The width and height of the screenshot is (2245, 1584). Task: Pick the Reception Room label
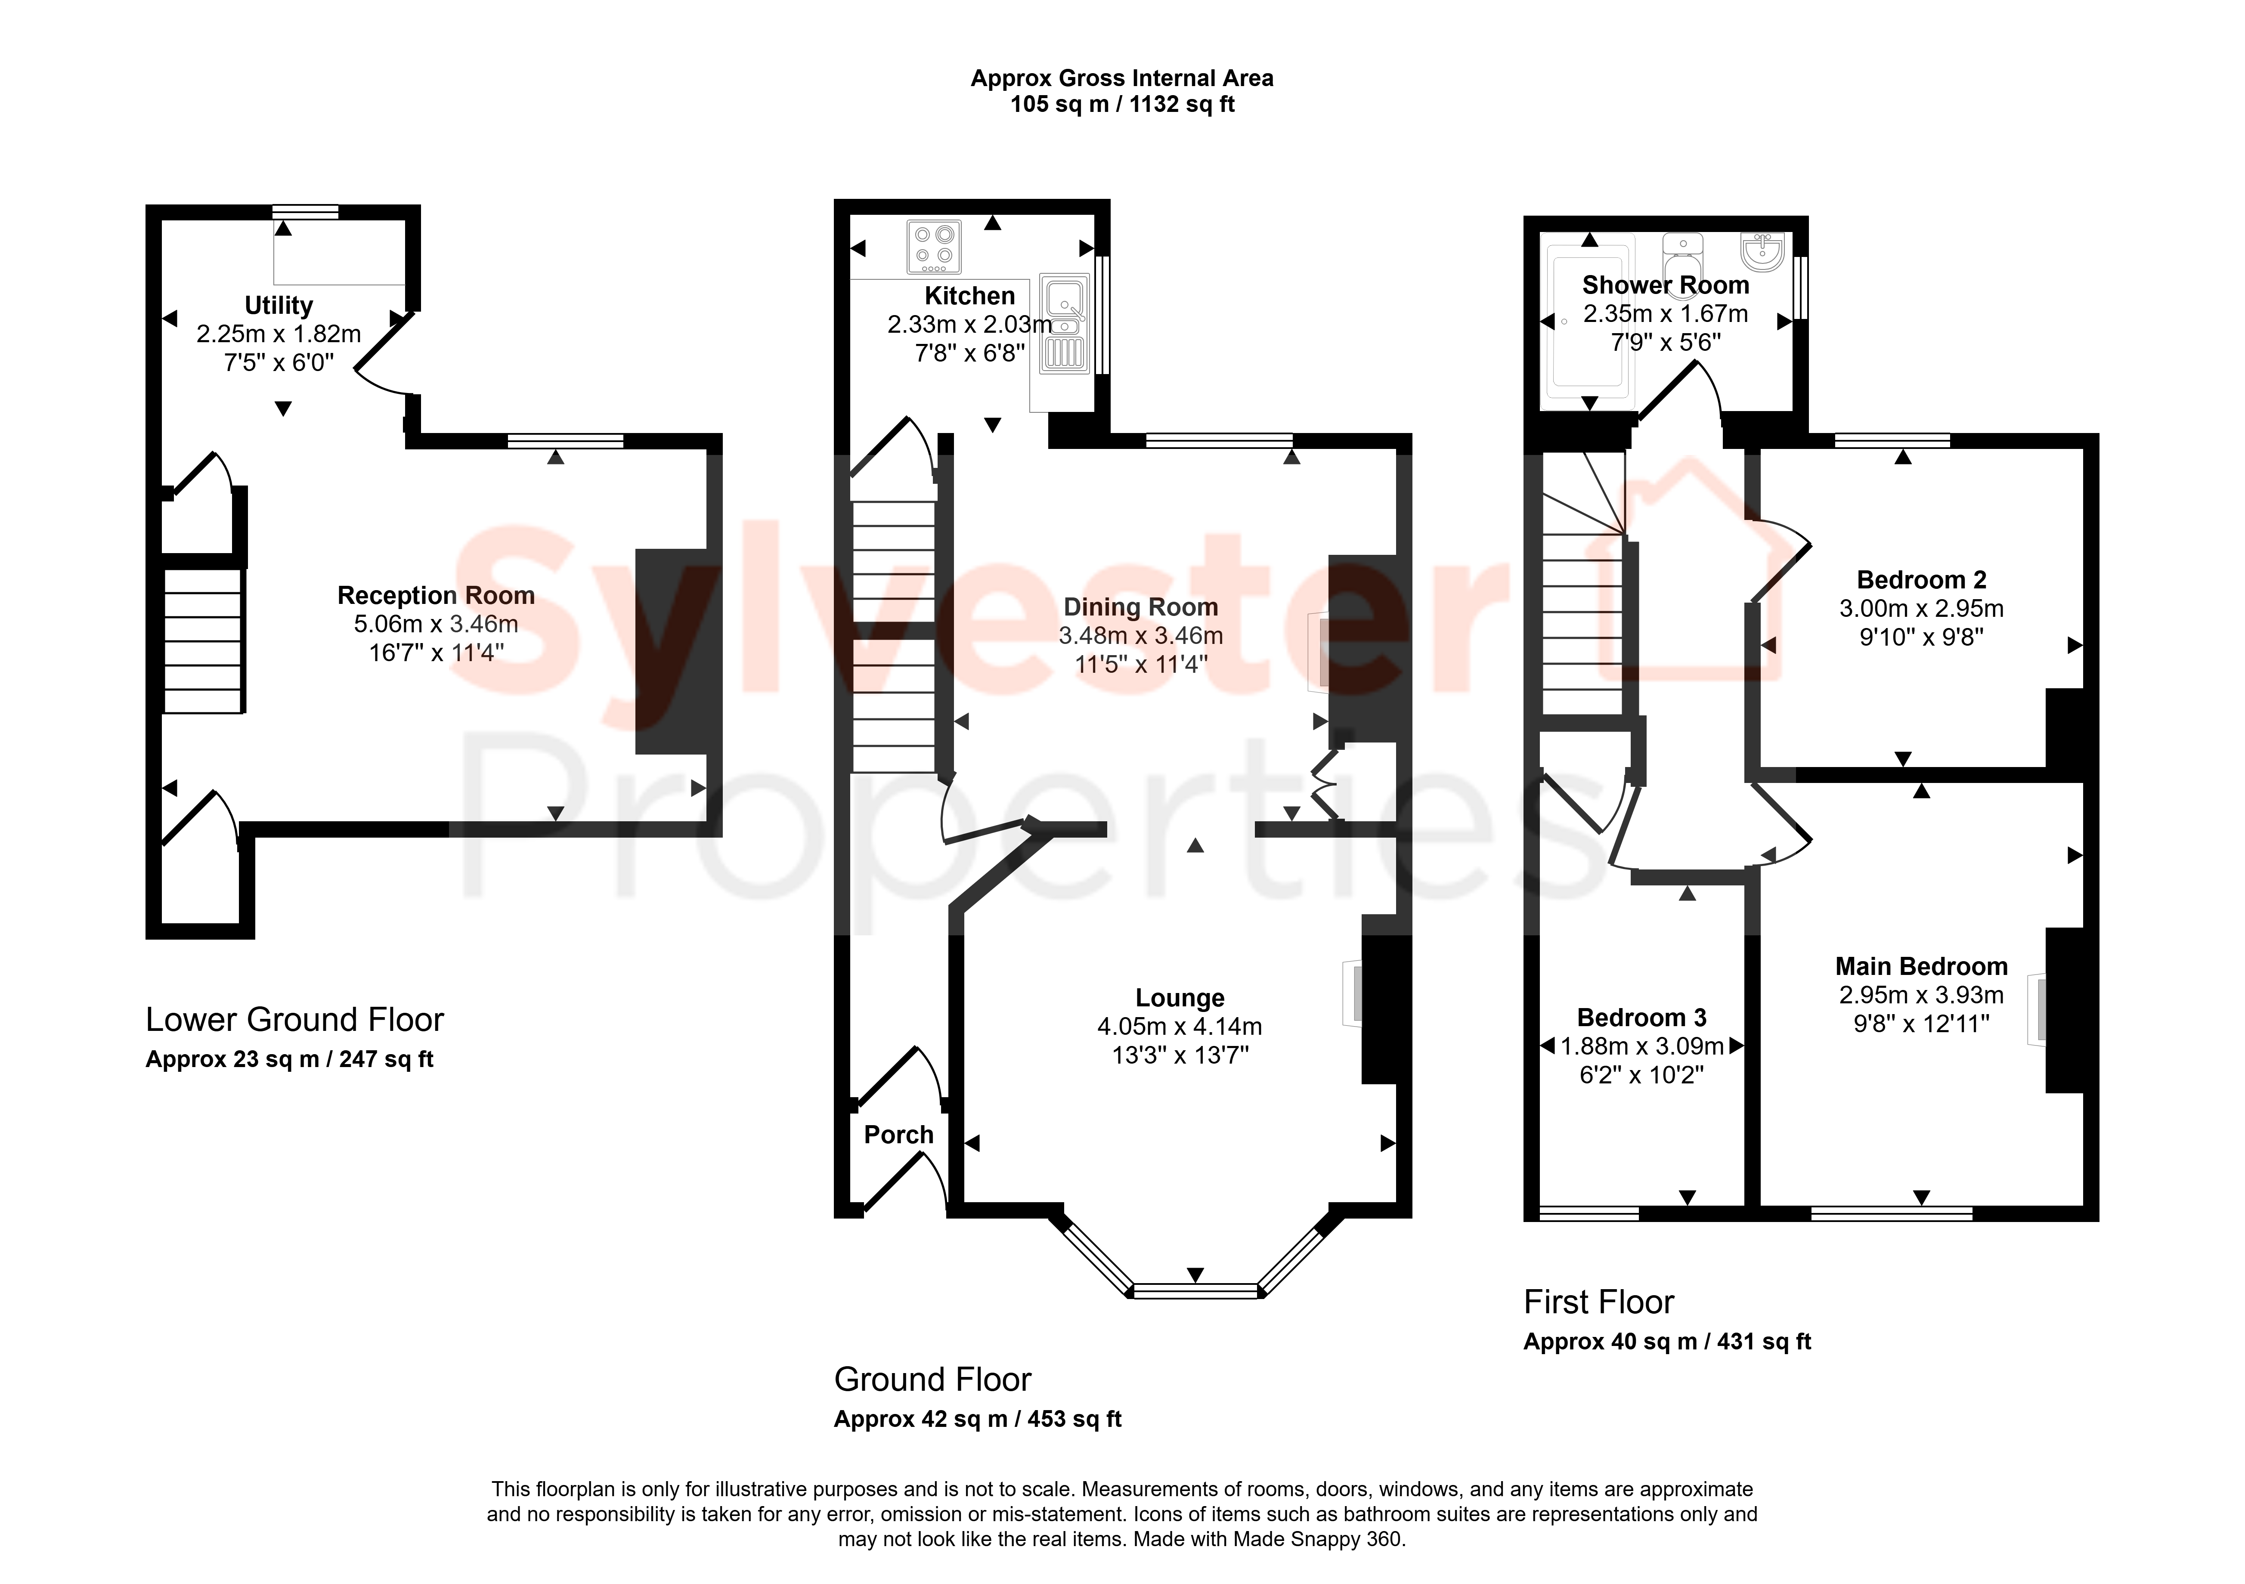click(436, 595)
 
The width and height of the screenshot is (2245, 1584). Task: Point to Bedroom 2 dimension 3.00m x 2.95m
click(1921, 608)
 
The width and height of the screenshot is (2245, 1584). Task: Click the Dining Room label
click(1141, 607)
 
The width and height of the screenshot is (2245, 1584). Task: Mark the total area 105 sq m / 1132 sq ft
click(1123, 105)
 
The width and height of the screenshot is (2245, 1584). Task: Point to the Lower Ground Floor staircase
click(202, 641)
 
